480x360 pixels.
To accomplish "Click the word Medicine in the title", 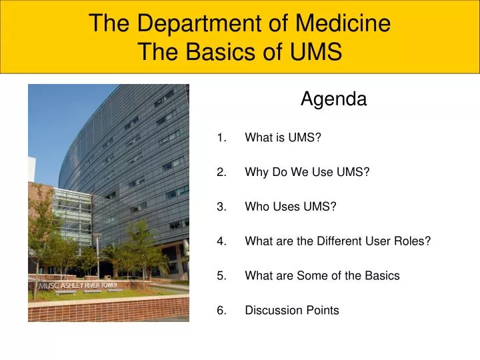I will click(343, 23).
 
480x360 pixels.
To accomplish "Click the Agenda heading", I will click(333, 99).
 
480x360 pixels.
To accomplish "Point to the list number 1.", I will click(221, 138).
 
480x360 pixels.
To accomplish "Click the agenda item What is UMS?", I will click(283, 138).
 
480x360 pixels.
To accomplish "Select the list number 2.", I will click(221, 172).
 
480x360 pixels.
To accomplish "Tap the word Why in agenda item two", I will click(256, 172).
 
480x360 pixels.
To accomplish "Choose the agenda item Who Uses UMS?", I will click(291, 207).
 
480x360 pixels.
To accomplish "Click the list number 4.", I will click(221, 241).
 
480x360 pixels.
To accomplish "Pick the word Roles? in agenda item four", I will click(413, 241).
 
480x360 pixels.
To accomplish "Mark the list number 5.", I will click(221, 275).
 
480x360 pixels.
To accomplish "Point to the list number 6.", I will click(221, 310).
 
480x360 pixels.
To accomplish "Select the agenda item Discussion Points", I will click(292, 310).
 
